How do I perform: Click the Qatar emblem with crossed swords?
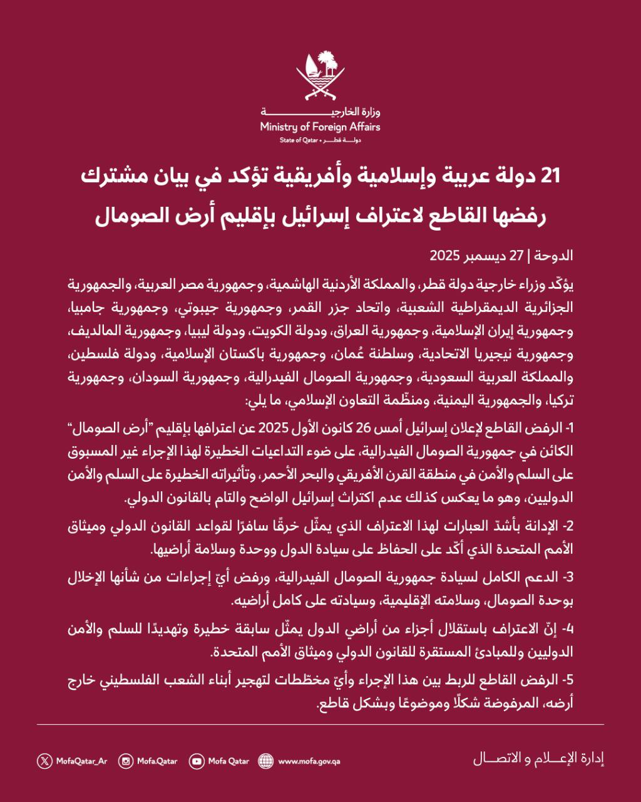click(x=320, y=76)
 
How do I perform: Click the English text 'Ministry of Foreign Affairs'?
click(x=320, y=127)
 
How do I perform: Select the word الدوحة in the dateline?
click(x=554, y=256)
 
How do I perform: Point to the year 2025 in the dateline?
click(x=445, y=256)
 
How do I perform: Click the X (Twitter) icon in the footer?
click(x=44, y=761)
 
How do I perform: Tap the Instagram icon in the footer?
click(x=126, y=761)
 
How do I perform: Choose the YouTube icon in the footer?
click(x=197, y=761)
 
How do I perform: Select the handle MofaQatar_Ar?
click(x=81, y=761)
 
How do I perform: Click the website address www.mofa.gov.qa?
click(x=309, y=761)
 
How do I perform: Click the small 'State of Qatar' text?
click(x=299, y=140)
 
